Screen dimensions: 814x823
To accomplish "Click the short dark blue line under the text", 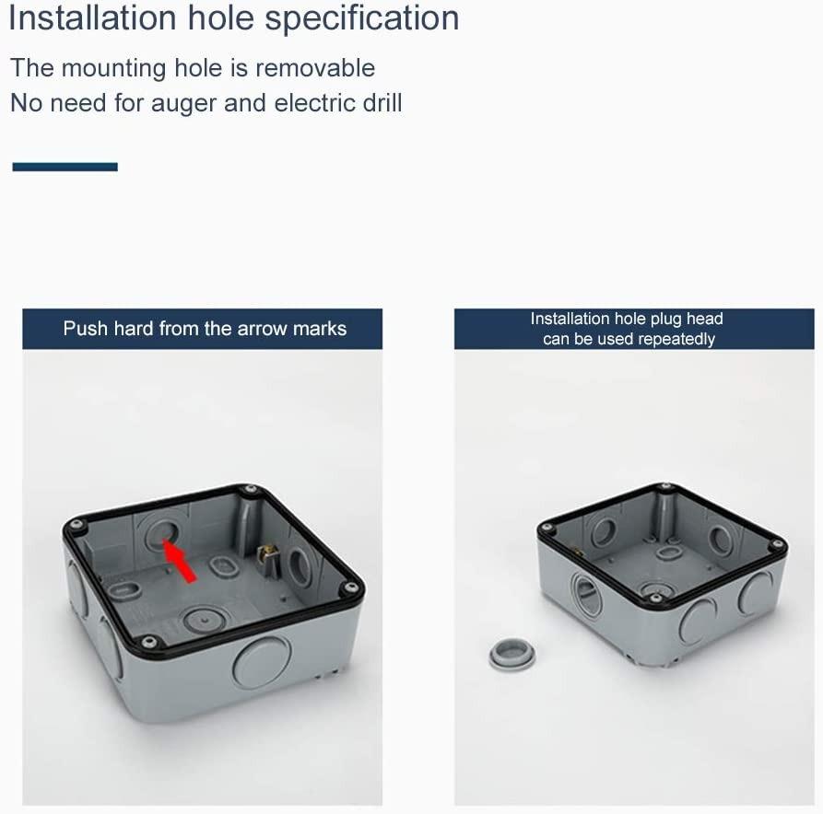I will click(65, 167).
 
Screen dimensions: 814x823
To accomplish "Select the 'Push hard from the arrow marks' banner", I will click(203, 329).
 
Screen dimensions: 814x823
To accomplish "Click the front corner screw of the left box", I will click(147, 640).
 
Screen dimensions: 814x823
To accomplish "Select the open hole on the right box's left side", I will click(586, 594).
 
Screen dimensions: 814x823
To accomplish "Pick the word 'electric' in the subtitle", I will click(307, 102).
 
